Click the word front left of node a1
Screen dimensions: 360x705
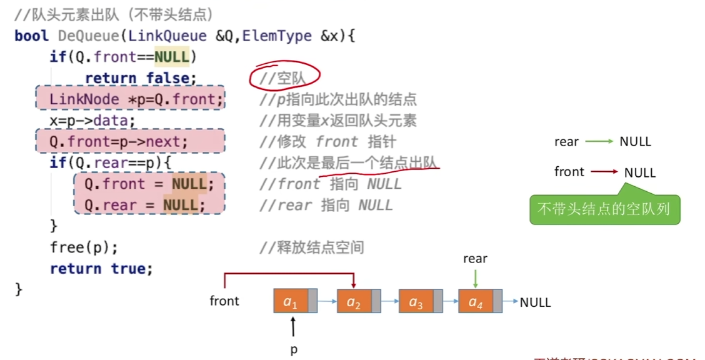[x=224, y=301]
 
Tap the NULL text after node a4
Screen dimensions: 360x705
[x=535, y=302]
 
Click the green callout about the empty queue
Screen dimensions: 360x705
[x=604, y=209]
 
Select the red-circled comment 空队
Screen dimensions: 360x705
[x=286, y=78]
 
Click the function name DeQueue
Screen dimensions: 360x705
[x=87, y=36]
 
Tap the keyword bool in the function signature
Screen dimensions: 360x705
[x=31, y=36]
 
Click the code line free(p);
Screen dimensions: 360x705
[x=84, y=247]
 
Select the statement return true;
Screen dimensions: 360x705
[x=101, y=269]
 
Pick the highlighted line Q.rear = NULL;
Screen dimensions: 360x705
[x=144, y=205]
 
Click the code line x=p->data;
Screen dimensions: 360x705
[x=92, y=120]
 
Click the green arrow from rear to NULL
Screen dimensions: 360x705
[x=599, y=142]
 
